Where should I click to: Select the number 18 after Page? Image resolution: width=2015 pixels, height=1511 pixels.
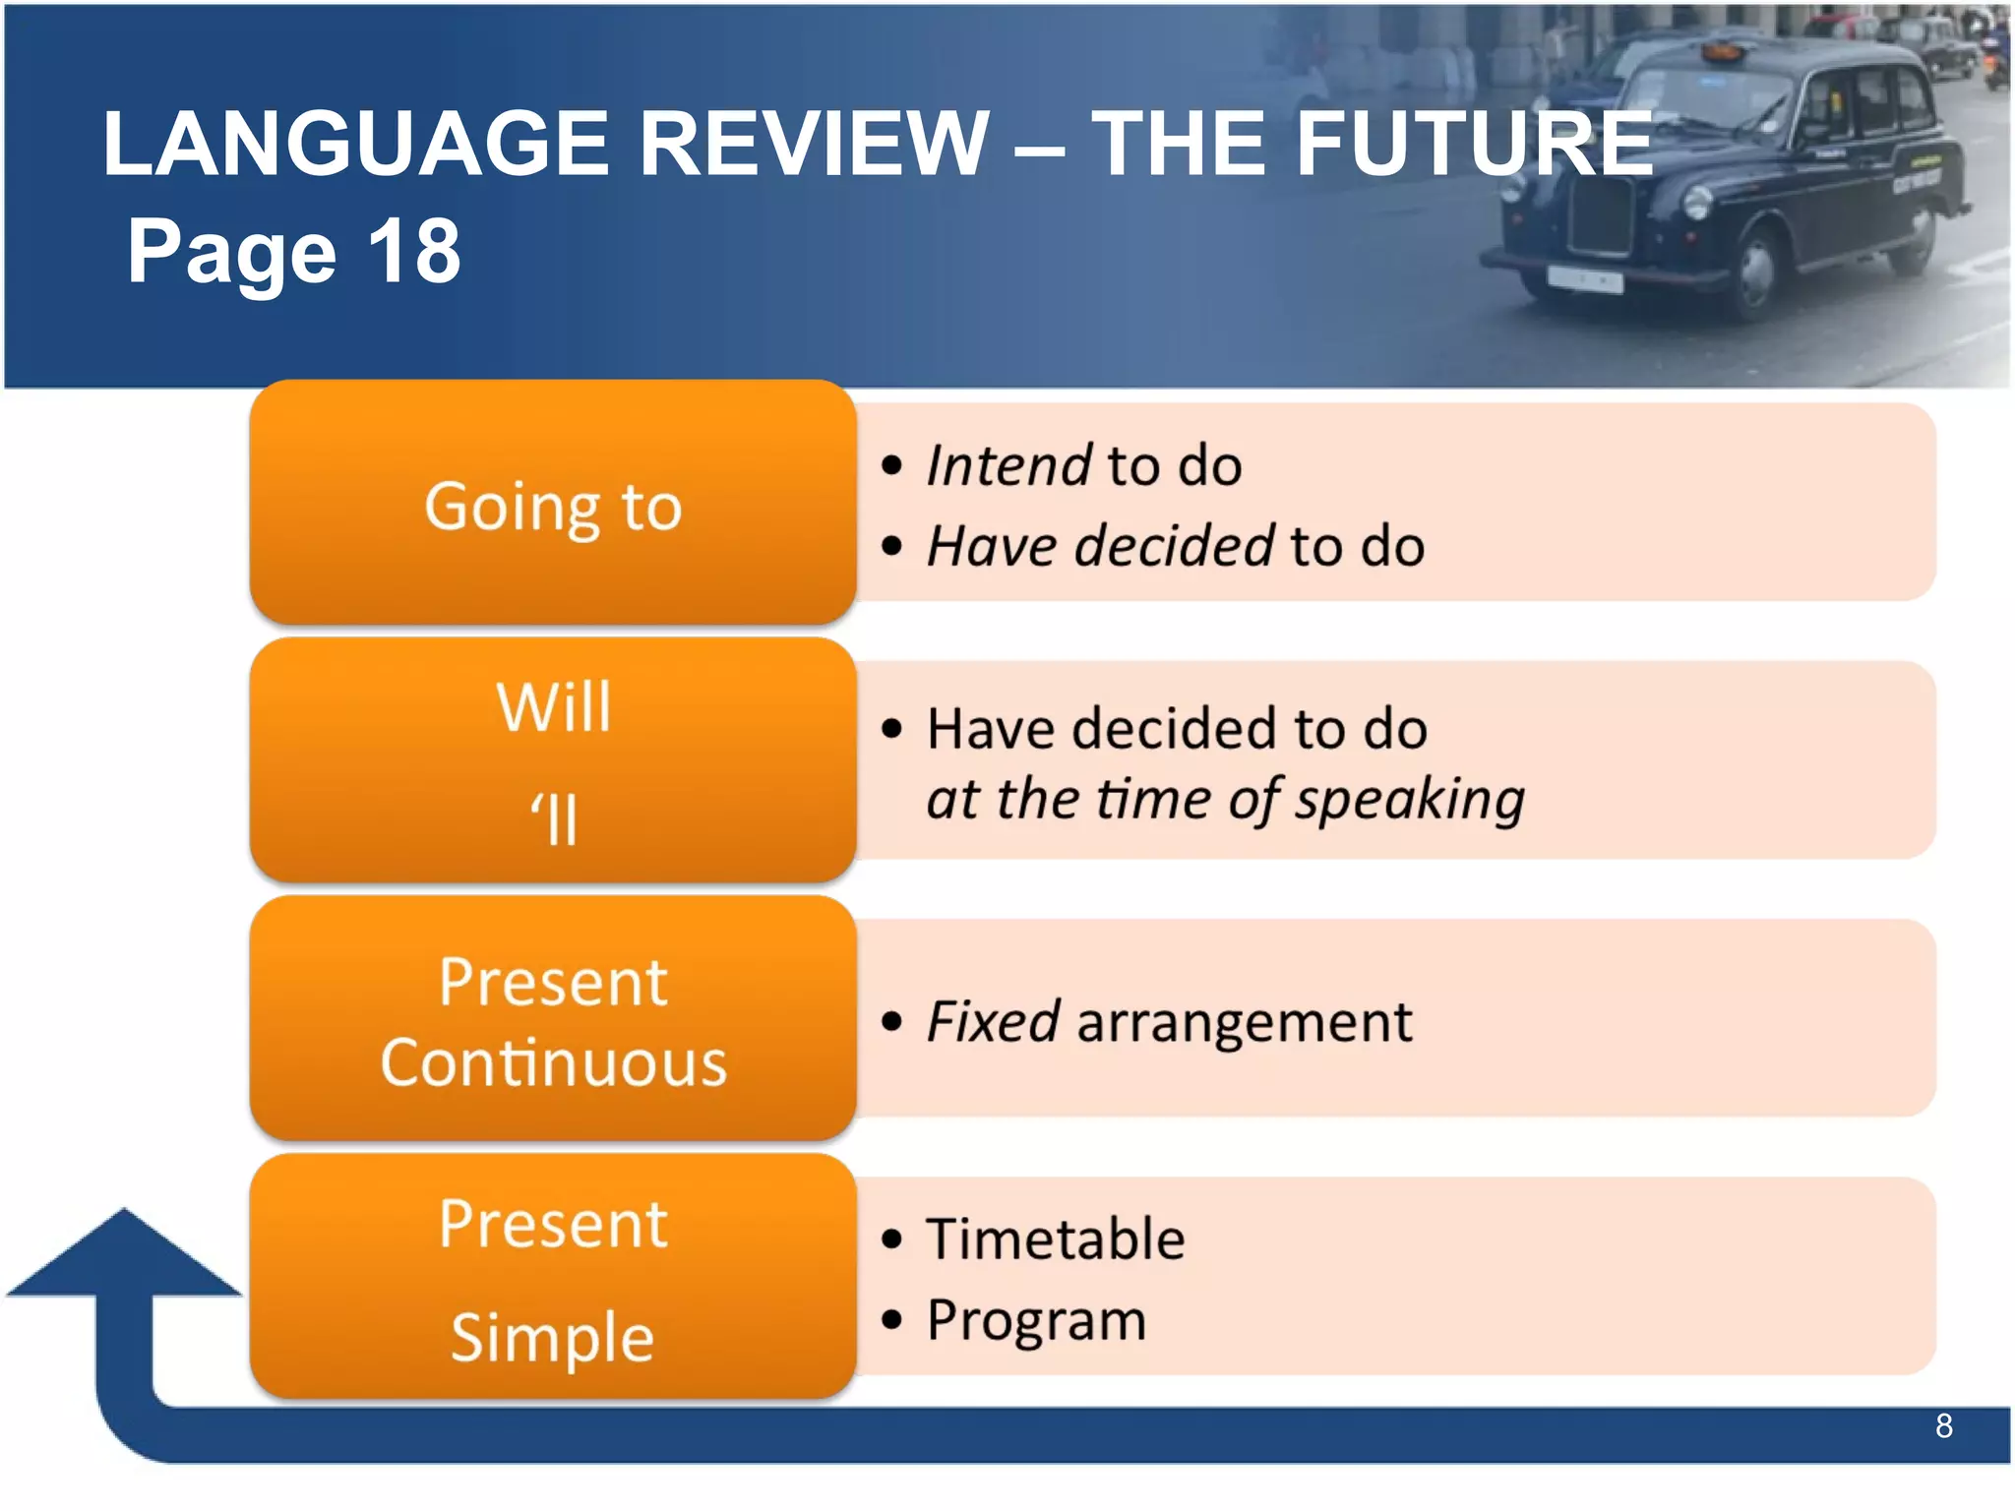[x=414, y=252]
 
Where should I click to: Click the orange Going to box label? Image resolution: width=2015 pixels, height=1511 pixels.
[x=553, y=507]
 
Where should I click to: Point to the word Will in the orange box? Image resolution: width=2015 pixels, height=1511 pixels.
[x=554, y=706]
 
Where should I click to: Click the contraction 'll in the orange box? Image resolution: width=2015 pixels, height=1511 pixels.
[x=554, y=819]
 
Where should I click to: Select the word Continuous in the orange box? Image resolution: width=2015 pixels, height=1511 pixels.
[x=554, y=1063]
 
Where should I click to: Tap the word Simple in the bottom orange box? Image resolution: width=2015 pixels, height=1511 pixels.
[x=552, y=1337]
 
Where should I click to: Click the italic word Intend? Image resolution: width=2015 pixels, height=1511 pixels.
[x=1007, y=465]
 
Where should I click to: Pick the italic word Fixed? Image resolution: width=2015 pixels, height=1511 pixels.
[x=992, y=1021]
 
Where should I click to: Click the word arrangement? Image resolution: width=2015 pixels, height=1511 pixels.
[x=1245, y=1023]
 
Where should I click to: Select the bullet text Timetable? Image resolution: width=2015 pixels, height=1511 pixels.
[x=1055, y=1239]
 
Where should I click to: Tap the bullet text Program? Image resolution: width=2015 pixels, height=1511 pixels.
[x=1036, y=1320]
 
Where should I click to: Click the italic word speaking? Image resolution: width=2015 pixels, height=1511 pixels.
[x=1409, y=799]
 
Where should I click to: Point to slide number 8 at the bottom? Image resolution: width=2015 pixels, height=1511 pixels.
[x=1943, y=1425]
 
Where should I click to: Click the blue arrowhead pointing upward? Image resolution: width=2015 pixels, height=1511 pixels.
[x=124, y=1254]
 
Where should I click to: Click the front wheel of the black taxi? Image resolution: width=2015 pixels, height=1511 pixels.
[x=1754, y=272]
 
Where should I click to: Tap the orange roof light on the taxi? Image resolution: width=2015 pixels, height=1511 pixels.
[x=1723, y=49]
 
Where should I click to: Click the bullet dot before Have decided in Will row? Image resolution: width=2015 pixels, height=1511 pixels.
[x=891, y=729]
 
